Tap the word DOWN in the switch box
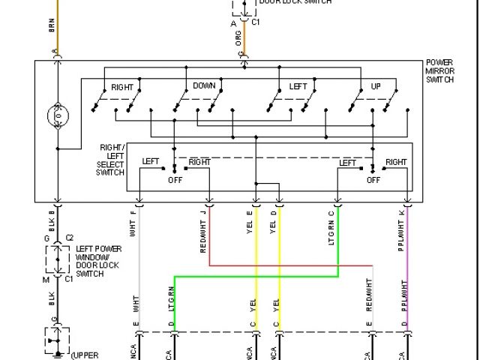pos(204,86)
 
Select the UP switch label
pos(376,87)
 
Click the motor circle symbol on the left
pos(57,116)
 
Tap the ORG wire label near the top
pos(239,37)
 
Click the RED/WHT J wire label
pos(204,232)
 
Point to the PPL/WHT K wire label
pos(401,229)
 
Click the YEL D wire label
pos(274,223)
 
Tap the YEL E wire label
pos(250,223)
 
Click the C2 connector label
pos(70,238)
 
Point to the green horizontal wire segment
pos(255,275)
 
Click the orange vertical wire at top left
pos(57,22)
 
